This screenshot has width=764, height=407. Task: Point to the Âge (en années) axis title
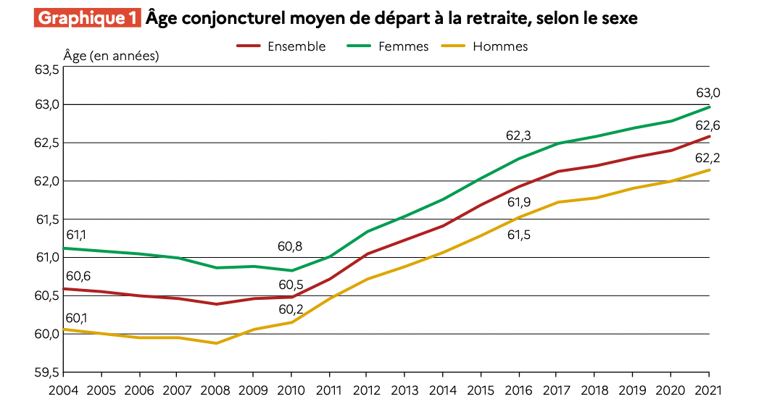click(x=111, y=56)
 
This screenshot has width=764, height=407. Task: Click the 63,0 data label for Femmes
click(x=707, y=93)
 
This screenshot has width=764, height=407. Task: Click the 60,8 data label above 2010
click(x=290, y=246)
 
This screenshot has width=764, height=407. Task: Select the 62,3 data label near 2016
click(x=518, y=135)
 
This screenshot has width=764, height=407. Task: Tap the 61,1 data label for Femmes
click(x=76, y=235)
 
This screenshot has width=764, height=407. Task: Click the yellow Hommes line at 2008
click(x=215, y=343)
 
